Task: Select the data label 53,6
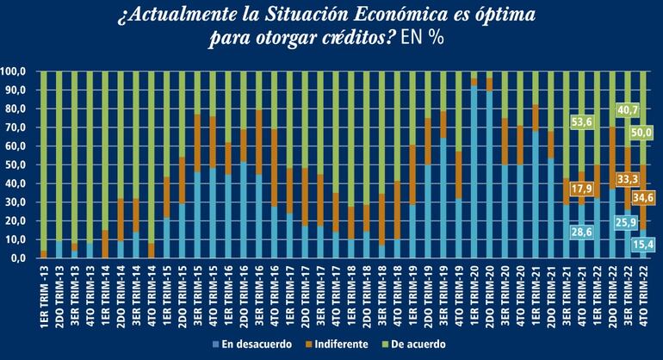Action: click(583, 123)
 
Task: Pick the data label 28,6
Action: click(583, 231)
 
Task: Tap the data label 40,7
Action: click(628, 110)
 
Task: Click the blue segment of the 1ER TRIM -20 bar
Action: click(473, 172)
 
